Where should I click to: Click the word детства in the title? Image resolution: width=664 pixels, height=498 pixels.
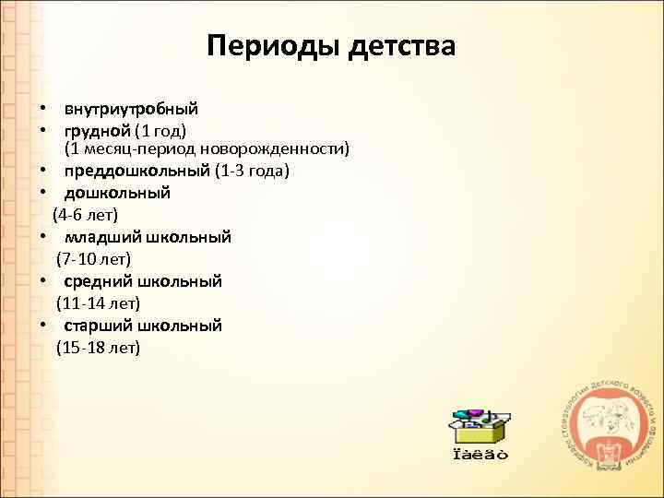click(402, 45)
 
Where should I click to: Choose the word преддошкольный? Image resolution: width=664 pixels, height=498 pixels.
click(136, 171)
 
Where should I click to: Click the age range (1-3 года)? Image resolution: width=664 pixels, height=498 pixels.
click(252, 171)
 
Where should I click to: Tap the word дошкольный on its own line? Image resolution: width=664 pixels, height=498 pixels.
click(117, 193)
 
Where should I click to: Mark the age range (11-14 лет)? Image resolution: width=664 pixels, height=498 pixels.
click(98, 302)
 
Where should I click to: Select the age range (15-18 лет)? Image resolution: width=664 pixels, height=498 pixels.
click(98, 347)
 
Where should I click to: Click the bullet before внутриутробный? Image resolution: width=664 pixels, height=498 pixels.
click(42, 109)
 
